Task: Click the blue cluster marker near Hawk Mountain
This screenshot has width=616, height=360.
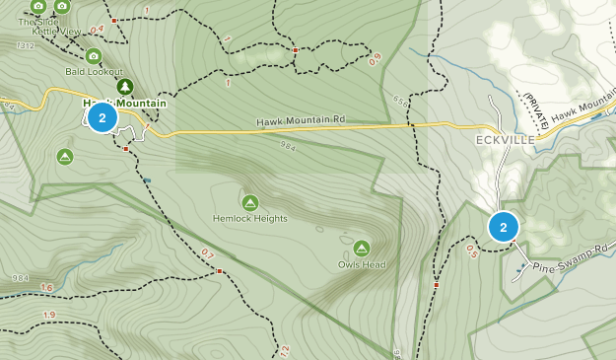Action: (x=103, y=118)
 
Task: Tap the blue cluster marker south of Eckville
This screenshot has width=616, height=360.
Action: (x=504, y=228)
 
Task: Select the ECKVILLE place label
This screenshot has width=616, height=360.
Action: (x=506, y=140)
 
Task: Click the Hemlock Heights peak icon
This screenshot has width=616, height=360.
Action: (x=250, y=203)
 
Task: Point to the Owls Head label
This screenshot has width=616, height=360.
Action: (x=361, y=264)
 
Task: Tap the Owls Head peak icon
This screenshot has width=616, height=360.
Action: (x=361, y=249)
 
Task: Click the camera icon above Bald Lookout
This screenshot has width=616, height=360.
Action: (x=94, y=57)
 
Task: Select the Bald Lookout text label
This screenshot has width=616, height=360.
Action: (x=95, y=72)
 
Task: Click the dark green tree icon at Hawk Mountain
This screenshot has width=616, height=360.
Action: (x=125, y=87)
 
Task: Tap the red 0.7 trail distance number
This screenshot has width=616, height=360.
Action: (x=207, y=254)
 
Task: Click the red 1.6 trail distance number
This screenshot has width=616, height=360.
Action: (x=47, y=288)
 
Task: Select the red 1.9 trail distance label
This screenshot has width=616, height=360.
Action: (x=49, y=315)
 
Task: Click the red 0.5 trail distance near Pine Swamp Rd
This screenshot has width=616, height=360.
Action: (x=471, y=252)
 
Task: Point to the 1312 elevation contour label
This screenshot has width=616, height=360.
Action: (x=26, y=45)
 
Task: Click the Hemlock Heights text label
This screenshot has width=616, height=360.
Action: (x=250, y=218)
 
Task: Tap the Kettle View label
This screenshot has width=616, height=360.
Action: (x=57, y=32)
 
